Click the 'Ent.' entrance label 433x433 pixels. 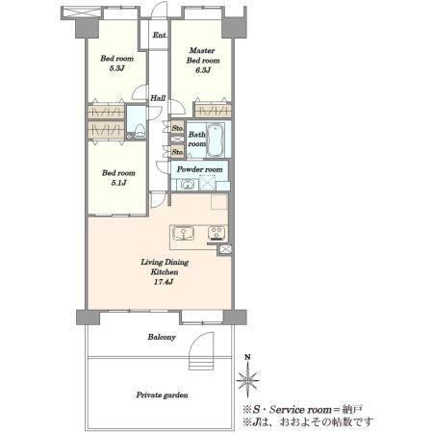coord(160,35)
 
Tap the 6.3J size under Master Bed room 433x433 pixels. coord(203,70)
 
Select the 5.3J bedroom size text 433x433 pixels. coord(116,68)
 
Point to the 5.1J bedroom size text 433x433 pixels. coord(118,183)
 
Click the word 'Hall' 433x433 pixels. coord(158,98)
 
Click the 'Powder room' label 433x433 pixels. coord(200,169)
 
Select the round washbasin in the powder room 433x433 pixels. coord(187,185)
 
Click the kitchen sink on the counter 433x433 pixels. coord(184,234)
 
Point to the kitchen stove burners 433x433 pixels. coord(216,233)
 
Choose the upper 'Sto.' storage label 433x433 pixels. coord(178,128)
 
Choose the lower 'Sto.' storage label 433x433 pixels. coord(178,151)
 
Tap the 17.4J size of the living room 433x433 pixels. coord(164,282)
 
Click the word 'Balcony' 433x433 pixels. coord(162,337)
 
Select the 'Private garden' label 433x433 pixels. coord(162,395)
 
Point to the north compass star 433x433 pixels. coord(247,380)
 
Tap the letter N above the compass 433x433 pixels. coord(247,357)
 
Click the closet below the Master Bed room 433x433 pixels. coord(213,111)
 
